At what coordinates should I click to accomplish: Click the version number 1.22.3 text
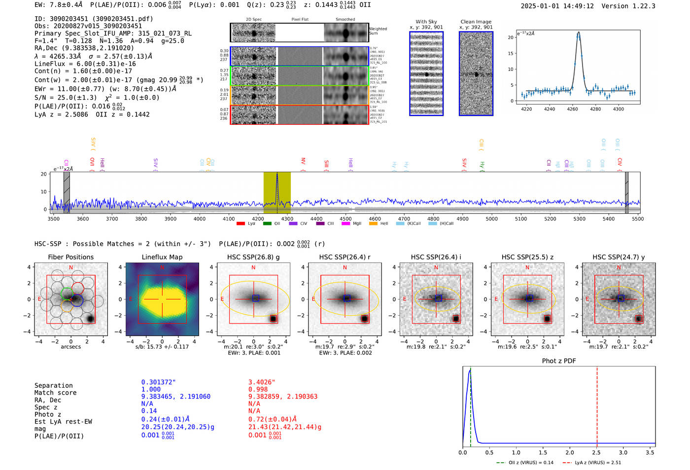[x=643, y=6]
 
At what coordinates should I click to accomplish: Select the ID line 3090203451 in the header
[x=94, y=19]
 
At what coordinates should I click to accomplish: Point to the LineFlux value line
[x=85, y=64]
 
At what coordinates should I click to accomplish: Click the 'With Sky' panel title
[x=426, y=22]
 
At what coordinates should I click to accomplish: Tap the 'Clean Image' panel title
[x=476, y=22]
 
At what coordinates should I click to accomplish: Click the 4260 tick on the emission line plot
[x=572, y=109]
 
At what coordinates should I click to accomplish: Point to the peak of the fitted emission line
[x=578, y=33]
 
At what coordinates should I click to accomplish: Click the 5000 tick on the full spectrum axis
[x=491, y=218]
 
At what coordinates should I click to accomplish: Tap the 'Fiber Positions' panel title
[x=70, y=257]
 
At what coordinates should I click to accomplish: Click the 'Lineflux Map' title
[x=162, y=257]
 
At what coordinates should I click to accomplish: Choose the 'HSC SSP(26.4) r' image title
[x=345, y=257]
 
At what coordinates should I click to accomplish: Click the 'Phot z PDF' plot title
[x=559, y=361]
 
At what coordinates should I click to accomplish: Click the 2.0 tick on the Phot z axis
[x=570, y=452]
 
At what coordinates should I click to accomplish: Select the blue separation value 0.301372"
[x=159, y=382]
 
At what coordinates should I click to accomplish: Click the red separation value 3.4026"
[x=262, y=382]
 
